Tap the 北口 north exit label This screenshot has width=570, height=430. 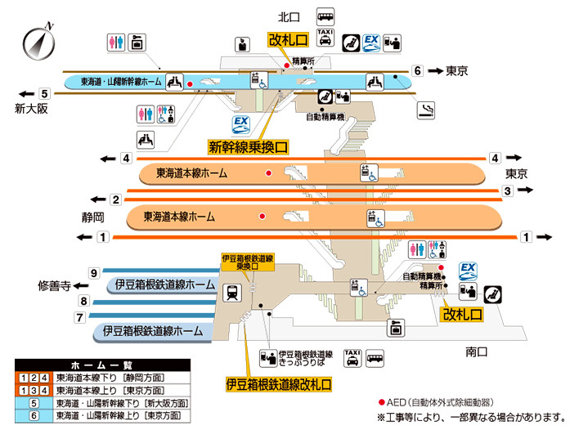tap(289, 16)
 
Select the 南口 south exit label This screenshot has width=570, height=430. tap(476, 352)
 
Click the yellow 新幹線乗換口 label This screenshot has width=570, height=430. tap(248, 147)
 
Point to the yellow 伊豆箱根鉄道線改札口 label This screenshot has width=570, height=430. tap(279, 383)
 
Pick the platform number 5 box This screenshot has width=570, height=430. tap(45, 92)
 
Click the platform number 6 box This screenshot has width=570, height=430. tap(417, 70)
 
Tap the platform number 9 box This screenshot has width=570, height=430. tap(94, 272)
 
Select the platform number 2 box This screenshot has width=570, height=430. tap(116, 199)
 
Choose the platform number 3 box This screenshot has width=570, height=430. tap(507, 190)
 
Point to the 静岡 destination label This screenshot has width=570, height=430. tap(93, 218)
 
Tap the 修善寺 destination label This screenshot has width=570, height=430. tap(55, 286)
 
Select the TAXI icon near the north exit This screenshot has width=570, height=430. tap(325, 37)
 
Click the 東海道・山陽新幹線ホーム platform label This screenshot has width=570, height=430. tap(121, 82)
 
